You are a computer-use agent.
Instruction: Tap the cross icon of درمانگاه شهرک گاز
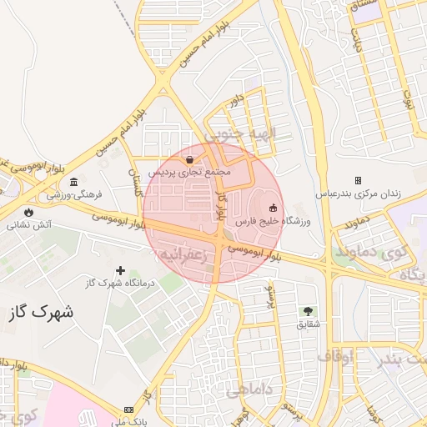121,270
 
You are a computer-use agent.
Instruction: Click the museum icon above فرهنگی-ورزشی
74,182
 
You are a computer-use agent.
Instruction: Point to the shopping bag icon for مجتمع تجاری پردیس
190,159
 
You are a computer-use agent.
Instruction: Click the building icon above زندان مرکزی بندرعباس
358,180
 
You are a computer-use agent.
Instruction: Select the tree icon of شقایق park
309,310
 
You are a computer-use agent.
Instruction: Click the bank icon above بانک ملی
128,409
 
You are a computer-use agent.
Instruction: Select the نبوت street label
409,100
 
